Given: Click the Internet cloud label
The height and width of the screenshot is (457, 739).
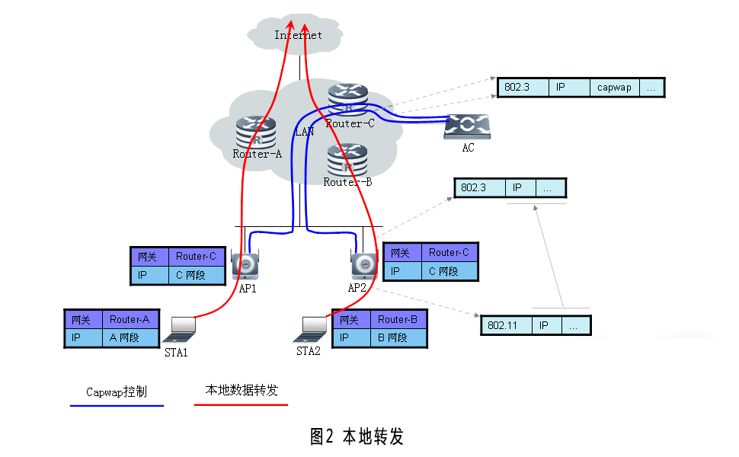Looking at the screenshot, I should click(298, 35).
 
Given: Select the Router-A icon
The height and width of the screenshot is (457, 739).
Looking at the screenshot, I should click(256, 131).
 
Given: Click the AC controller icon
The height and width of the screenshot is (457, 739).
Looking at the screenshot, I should click(468, 126).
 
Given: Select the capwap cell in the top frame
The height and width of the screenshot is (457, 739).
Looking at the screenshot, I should click(614, 88).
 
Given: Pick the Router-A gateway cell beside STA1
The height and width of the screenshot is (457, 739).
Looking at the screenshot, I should click(129, 320).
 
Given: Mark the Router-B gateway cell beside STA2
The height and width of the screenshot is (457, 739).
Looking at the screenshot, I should click(398, 320).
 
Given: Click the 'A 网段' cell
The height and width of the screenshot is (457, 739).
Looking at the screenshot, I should click(129, 337).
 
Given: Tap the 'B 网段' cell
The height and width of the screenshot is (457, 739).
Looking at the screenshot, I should click(398, 337).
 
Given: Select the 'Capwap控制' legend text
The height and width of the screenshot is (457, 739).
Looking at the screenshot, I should click(116, 392).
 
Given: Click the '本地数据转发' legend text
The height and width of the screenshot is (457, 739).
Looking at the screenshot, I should click(242, 390).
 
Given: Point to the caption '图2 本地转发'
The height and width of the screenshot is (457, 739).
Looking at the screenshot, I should click(357, 436).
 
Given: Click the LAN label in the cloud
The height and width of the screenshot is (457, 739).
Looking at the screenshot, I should click(305, 131).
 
